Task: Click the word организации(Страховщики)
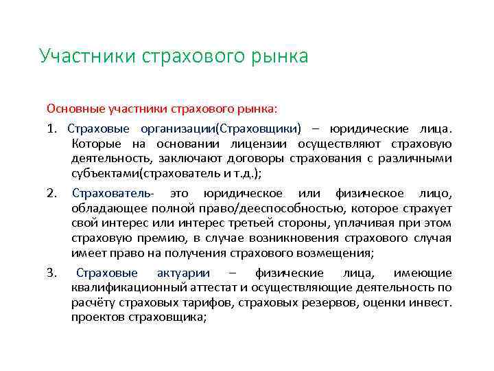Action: click(220, 128)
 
